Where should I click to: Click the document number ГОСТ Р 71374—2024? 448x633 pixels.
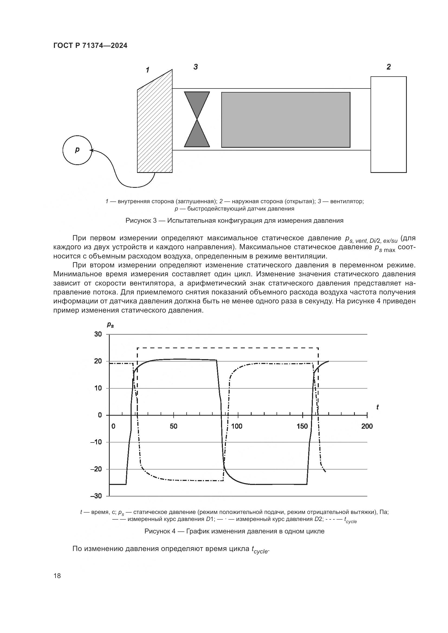90,45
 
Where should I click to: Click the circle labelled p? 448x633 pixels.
77,150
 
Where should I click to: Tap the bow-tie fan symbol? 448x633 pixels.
197,119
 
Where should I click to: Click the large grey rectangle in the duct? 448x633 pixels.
286,120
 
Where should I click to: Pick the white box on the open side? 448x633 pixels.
388,124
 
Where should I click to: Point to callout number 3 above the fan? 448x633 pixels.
196,67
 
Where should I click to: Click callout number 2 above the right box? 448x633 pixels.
388,67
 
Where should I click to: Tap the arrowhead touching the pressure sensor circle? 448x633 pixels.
92,150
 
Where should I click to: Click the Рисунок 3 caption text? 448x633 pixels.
234,221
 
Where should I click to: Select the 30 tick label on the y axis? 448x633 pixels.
98,334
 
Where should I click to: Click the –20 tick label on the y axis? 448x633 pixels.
96,469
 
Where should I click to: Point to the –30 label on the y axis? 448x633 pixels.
96,496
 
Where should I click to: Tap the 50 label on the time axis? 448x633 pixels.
174,427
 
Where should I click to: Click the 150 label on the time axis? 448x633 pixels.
302,427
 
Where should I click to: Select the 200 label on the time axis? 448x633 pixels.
367,427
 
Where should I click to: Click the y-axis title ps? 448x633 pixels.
110,325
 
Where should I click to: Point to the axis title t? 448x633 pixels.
377,407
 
